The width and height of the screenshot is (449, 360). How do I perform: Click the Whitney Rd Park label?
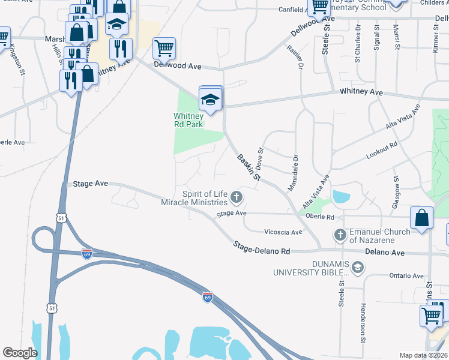(188, 120)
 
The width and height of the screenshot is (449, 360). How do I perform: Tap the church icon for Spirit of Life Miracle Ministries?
(237, 197)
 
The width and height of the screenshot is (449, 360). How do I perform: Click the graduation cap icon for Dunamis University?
(358, 267)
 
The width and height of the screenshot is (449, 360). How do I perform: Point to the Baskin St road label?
(249, 167)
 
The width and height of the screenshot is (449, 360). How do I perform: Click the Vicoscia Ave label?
(283, 232)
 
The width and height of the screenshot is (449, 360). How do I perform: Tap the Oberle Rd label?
(318, 216)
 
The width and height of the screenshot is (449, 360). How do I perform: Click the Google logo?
(20, 353)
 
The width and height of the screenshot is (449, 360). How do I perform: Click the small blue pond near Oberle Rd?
(341, 196)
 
